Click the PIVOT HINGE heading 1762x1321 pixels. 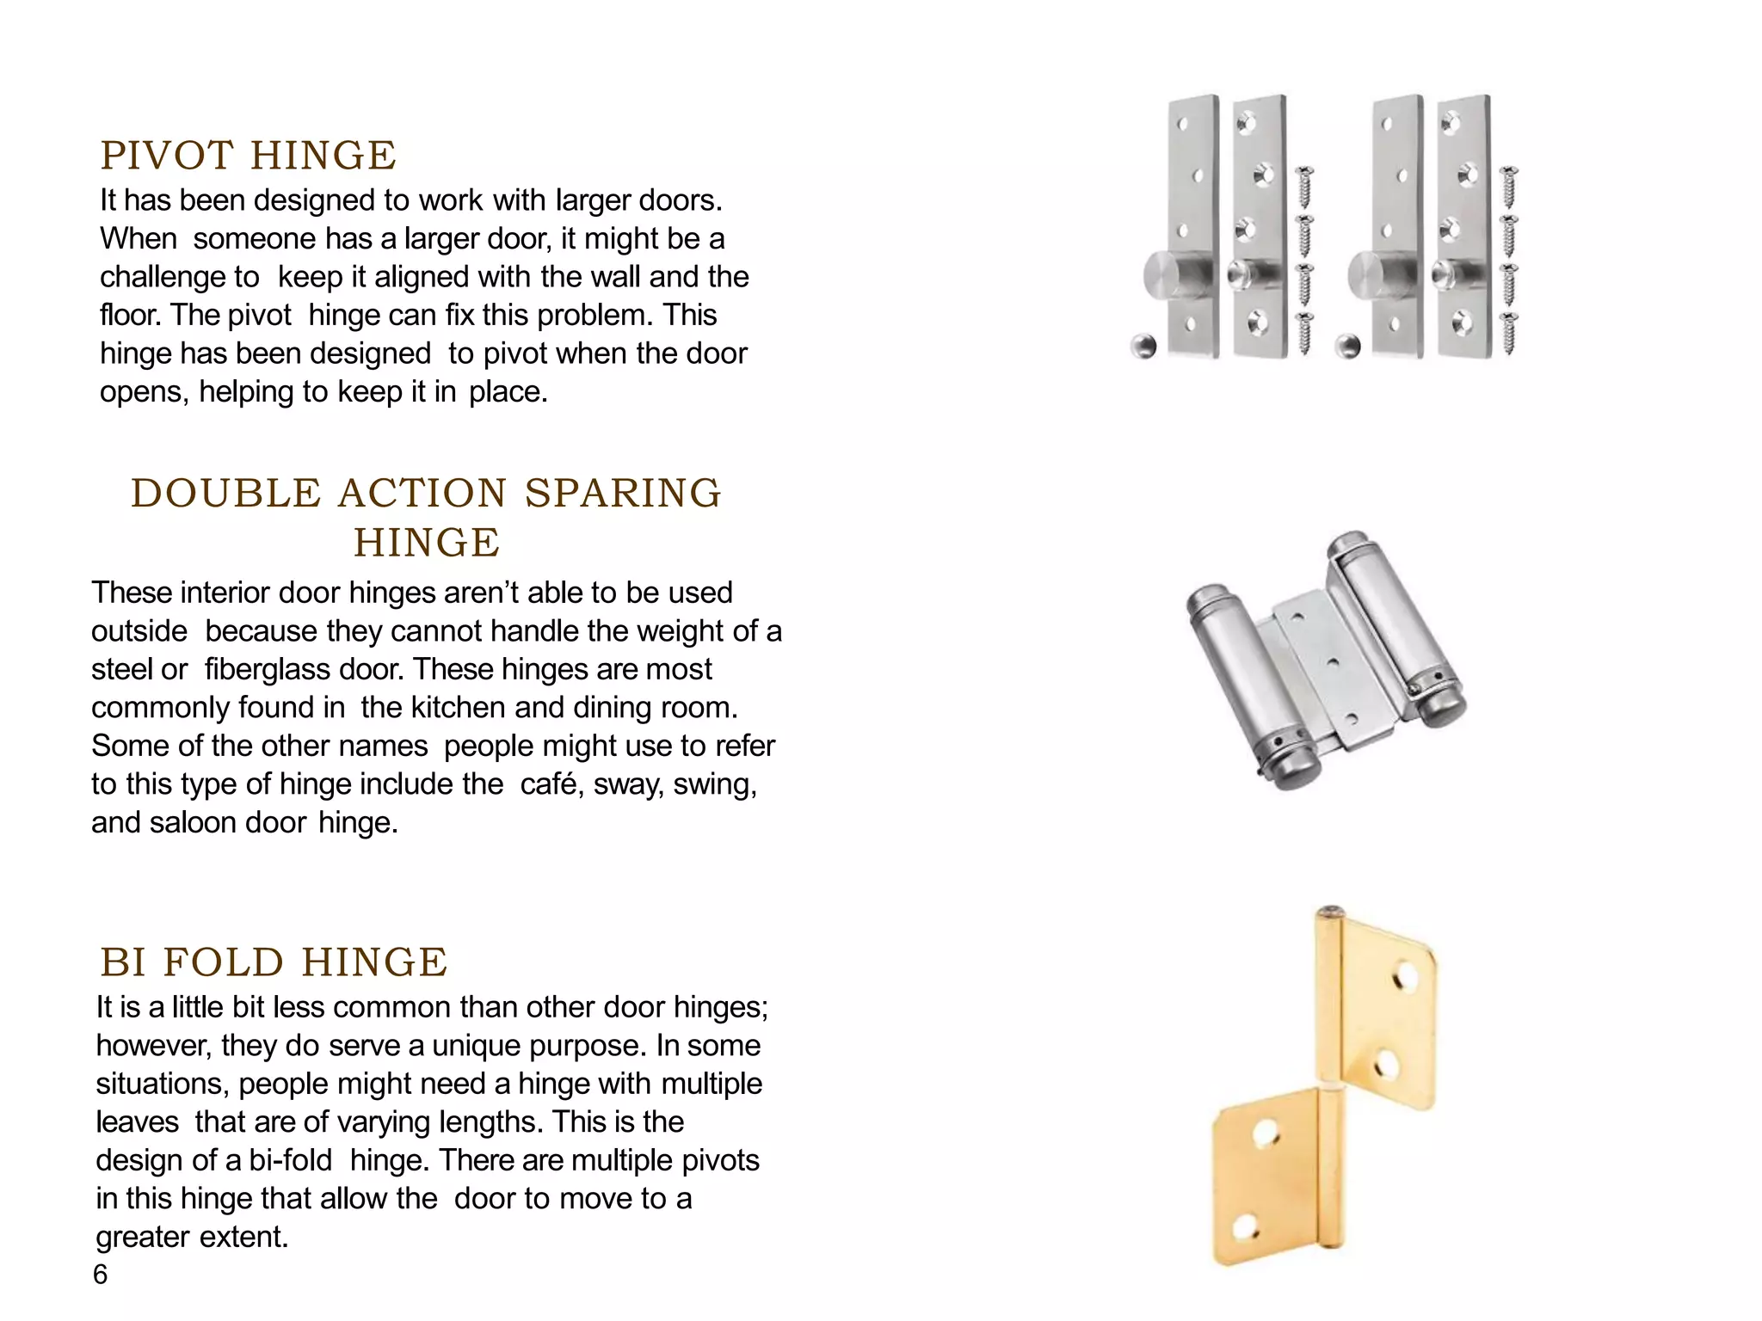pyautogui.click(x=248, y=156)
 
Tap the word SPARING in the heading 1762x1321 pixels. pyautogui.click(x=622, y=494)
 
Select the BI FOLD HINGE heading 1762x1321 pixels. pyautogui.click(x=274, y=962)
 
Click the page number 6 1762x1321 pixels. pyautogui.click(x=100, y=1275)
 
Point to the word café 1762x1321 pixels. pyautogui.click(x=550, y=784)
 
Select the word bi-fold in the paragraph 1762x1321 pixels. pyautogui.click(x=290, y=1160)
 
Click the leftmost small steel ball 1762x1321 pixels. pyautogui.click(x=1143, y=346)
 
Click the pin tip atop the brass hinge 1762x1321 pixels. pyautogui.click(x=1330, y=912)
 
